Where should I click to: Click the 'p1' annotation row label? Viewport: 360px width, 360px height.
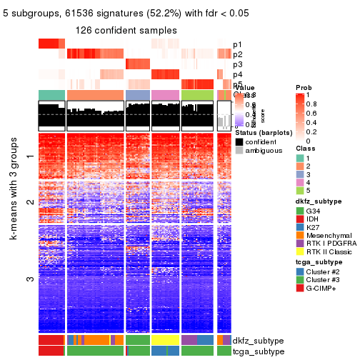[237, 44]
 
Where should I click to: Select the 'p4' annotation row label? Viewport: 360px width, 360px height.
[237, 74]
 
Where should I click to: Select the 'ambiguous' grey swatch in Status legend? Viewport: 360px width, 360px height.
[239, 151]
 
